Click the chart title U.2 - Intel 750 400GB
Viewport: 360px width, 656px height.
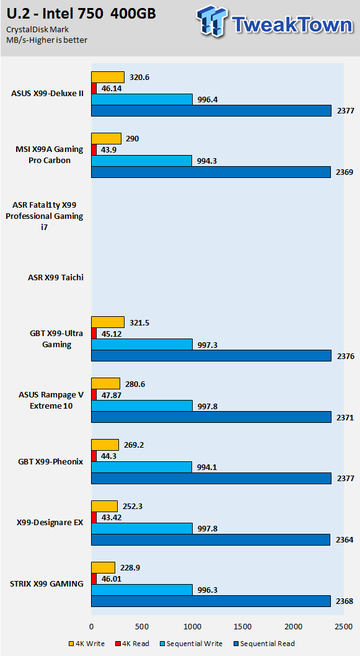(81, 14)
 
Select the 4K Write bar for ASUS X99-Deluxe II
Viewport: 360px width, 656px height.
(108, 77)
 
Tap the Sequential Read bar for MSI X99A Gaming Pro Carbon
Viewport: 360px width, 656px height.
(211, 172)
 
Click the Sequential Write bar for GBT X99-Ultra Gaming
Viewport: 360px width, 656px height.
(142, 344)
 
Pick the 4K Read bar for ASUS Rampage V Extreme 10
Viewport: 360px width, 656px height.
(94, 394)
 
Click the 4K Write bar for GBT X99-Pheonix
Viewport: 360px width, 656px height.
(105, 445)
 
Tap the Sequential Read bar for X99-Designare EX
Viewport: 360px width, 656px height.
(211, 539)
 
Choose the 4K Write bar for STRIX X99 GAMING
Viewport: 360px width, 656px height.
(103, 567)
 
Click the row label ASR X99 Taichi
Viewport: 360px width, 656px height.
(56, 277)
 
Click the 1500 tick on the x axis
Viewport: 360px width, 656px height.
(243, 626)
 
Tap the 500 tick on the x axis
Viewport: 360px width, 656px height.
(142, 626)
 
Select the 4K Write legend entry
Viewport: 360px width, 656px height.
(87, 644)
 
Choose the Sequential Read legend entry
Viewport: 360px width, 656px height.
(264, 644)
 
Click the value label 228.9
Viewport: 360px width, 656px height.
(130, 567)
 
